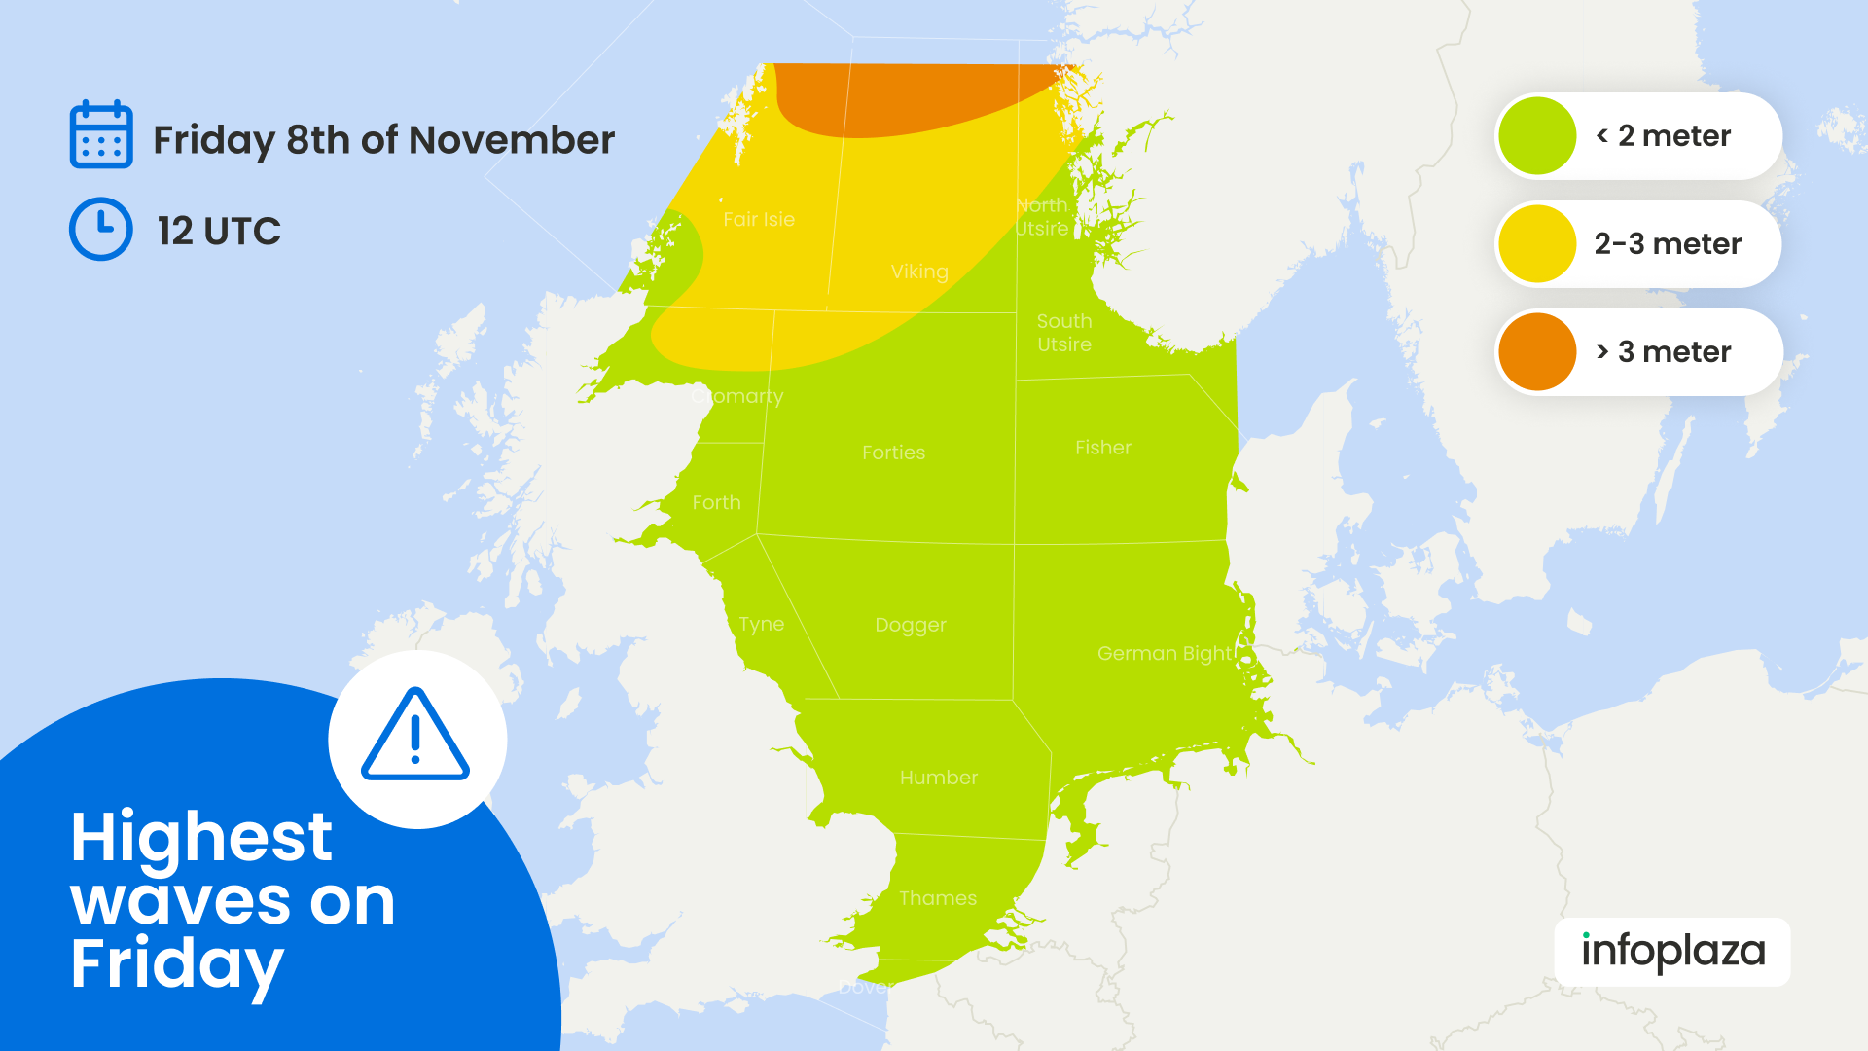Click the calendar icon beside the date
(101, 134)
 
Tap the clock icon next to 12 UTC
(101, 230)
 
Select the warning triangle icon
(416, 737)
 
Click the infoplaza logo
(1672, 952)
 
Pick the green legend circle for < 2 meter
(1537, 136)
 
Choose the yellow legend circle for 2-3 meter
(1537, 244)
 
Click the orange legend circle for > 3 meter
(1537, 352)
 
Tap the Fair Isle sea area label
(759, 220)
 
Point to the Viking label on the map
(919, 272)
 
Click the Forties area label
(893, 453)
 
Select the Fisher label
(1103, 448)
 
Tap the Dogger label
(911, 625)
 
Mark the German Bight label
(1165, 654)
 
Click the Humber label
(939, 778)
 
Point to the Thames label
(938, 898)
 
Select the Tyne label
(761, 624)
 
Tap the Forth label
(716, 503)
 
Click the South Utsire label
(1064, 333)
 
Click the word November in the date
(512, 140)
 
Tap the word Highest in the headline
(201, 837)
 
